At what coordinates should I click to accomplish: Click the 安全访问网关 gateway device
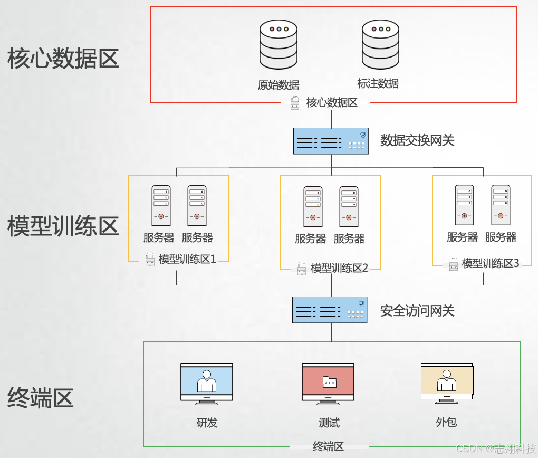[x=330, y=310]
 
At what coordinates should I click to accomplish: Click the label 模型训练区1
[x=188, y=259]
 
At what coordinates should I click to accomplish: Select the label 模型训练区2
[x=339, y=268]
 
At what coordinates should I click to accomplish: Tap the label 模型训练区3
[x=491, y=263]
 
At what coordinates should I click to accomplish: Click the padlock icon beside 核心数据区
[x=295, y=103]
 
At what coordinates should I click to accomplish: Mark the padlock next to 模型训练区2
[x=302, y=268]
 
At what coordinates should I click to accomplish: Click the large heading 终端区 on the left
[x=41, y=397]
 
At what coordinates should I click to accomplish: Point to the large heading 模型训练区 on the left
[x=63, y=226]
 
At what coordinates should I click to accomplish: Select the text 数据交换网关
[x=417, y=140]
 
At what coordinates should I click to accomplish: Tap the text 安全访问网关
[x=417, y=311]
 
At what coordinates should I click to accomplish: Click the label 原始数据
[x=278, y=85]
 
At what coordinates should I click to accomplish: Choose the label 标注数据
[x=378, y=83]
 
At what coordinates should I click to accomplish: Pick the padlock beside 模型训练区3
[x=453, y=264]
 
